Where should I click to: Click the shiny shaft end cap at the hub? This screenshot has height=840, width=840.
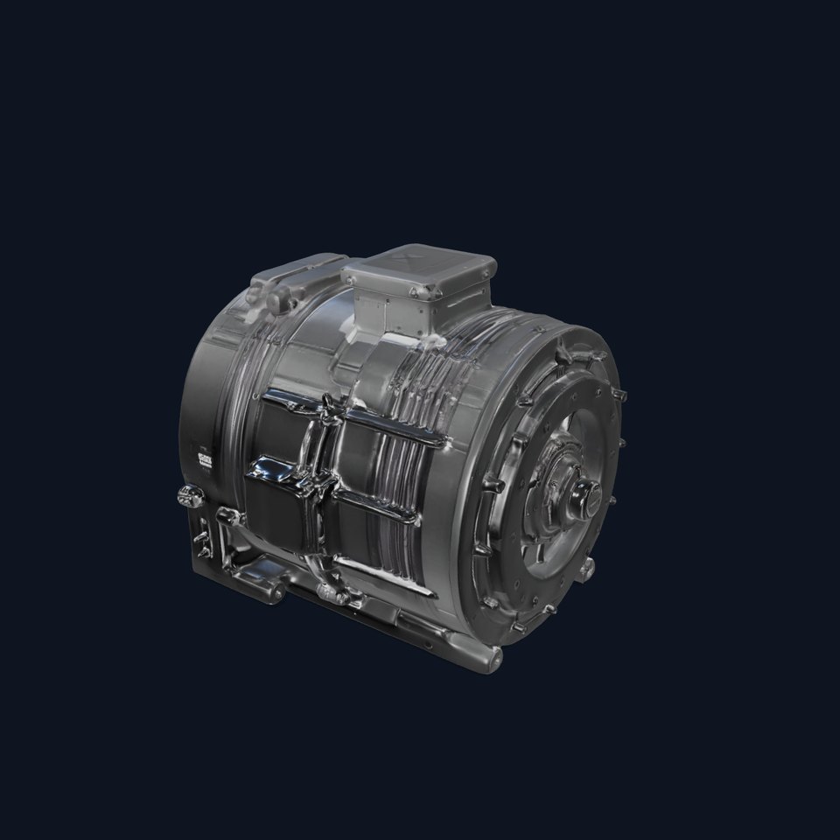click(581, 500)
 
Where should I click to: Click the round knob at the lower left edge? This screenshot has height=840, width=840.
click(186, 497)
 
